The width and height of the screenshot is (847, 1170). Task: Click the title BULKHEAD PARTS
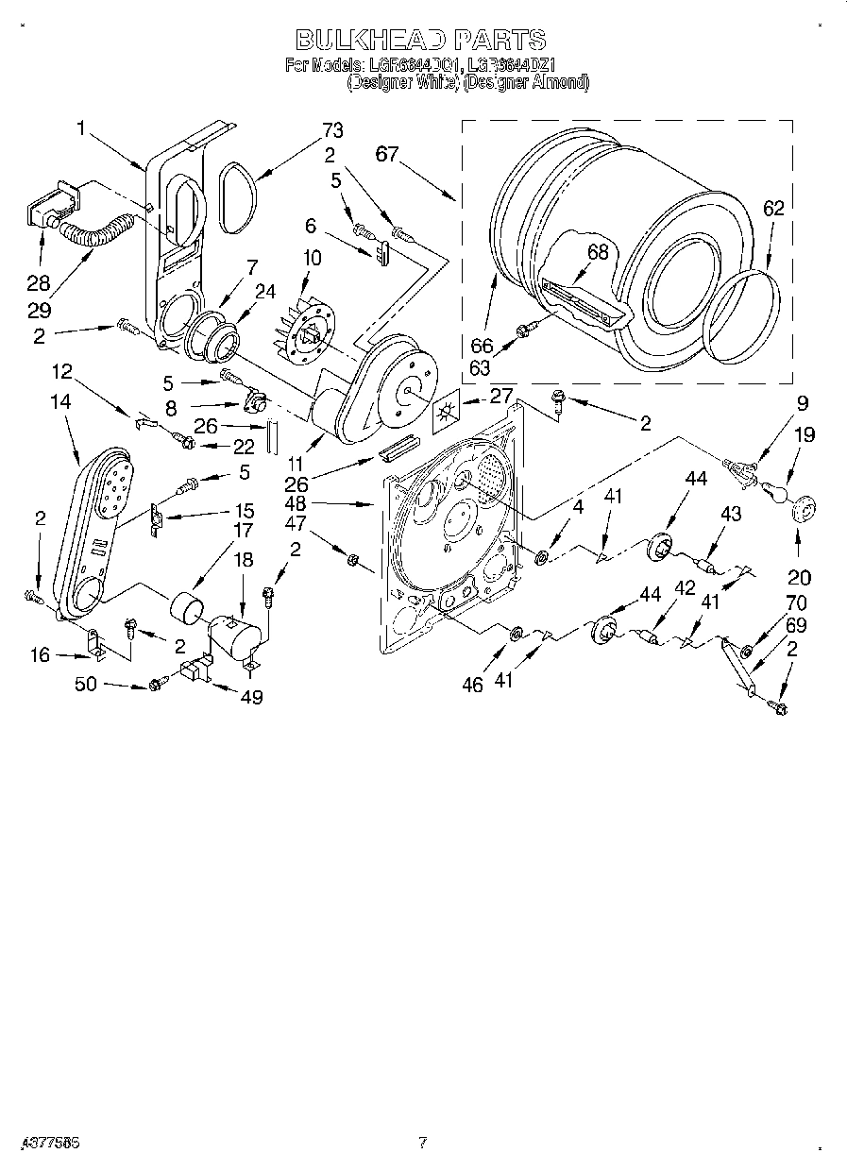[x=421, y=40]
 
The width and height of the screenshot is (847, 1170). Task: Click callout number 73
[x=331, y=130]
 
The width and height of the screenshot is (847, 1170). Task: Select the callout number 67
[x=387, y=155]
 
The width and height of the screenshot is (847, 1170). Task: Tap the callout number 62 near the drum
[x=773, y=210]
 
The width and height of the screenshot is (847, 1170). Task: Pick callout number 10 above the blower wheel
[x=311, y=257]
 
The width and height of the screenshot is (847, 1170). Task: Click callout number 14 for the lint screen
[x=60, y=400]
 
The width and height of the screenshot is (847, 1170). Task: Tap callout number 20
[x=799, y=578]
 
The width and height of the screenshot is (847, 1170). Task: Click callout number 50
[x=86, y=685]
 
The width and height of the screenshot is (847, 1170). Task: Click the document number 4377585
[x=41, y=1142]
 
